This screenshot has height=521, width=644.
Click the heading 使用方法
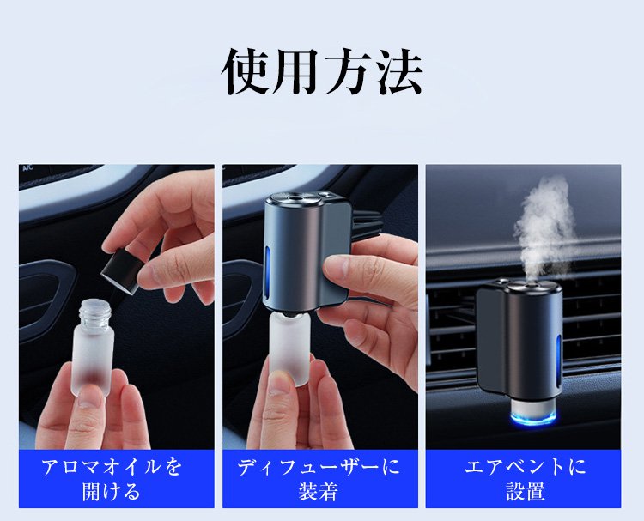pyautogui.click(x=322, y=72)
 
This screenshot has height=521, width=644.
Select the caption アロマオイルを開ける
pyautogui.click(x=112, y=479)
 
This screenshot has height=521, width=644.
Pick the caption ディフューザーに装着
pyautogui.click(x=319, y=479)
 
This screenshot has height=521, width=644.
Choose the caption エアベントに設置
pyautogui.click(x=526, y=479)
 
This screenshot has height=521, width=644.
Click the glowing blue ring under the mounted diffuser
pyautogui.click(x=532, y=417)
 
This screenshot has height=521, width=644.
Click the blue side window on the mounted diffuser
pyautogui.click(x=558, y=361)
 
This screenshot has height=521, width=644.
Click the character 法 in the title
pyautogui.click(x=400, y=72)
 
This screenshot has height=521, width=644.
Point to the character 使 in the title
pyautogui.click(x=246, y=72)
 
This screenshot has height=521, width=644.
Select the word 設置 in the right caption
pyautogui.click(x=526, y=491)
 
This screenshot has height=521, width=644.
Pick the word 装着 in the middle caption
pyautogui.click(x=319, y=491)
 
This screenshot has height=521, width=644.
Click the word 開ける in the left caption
pyautogui.click(x=112, y=491)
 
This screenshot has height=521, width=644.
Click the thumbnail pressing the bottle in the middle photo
pyautogui.click(x=282, y=383)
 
